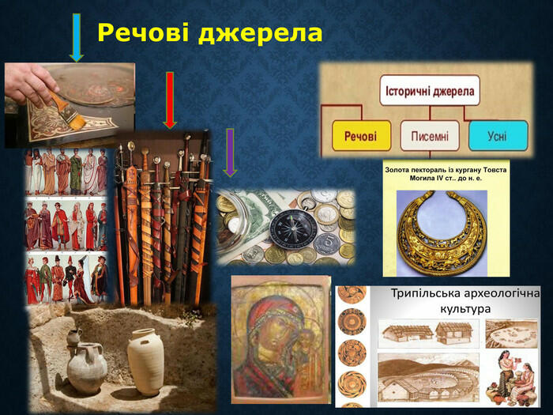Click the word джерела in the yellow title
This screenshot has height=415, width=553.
(260, 33)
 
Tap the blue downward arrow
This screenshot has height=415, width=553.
(77, 38)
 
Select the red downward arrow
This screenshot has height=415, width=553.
(170, 100)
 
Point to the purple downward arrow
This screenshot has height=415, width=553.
(230, 153)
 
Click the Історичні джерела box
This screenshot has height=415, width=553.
(430, 90)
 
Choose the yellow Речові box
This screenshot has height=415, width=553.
(361, 135)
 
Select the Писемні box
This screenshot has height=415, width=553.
(430, 135)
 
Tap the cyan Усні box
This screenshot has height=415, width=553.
(498, 135)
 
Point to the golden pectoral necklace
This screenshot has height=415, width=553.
(442, 233)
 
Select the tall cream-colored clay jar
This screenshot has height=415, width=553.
(145, 361)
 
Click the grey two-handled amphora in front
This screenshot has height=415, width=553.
(87, 368)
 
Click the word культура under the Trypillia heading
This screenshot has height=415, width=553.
(465, 309)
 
